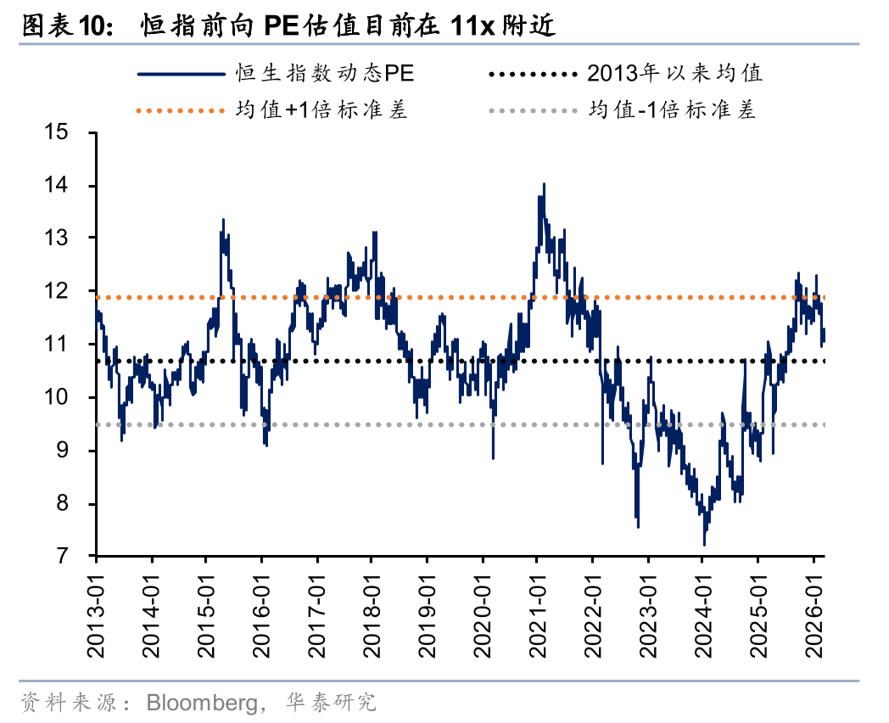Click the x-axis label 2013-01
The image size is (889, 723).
(96, 614)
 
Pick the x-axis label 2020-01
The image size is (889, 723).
(482, 614)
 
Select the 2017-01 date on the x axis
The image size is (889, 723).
(316, 614)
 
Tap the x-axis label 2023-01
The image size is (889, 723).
(647, 614)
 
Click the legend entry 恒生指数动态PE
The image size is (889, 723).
(325, 74)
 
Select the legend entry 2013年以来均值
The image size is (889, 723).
(674, 74)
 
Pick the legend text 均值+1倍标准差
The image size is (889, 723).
(321, 110)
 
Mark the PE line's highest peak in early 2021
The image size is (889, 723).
(543, 184)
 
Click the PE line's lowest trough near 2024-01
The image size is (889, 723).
(704, 544)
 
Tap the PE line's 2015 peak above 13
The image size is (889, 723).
(223, 220)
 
